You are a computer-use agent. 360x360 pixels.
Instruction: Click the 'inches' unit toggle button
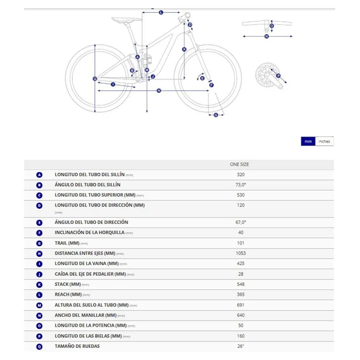pos(324,141)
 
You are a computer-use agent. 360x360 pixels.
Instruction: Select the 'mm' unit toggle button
pos(308,141)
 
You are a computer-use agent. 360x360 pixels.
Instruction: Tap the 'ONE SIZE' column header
pos(239,165)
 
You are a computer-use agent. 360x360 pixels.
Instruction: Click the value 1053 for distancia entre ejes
pos(241,253)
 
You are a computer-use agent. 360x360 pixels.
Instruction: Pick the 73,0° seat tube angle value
pos(241,185)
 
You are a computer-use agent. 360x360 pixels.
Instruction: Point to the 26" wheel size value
pos(241,346)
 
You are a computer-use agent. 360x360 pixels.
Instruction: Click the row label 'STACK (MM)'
pos(68,284)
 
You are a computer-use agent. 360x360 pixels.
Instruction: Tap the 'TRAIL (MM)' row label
pos(67,243)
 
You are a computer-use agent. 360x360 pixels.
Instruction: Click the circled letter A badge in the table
pos(40,175)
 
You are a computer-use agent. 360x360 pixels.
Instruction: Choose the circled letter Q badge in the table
pos(40,346)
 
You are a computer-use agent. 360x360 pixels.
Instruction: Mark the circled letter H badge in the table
pos(40,253)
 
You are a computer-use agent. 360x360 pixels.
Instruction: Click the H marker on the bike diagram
pos(159,91)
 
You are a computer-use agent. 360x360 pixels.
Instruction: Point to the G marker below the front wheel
pos(216,115)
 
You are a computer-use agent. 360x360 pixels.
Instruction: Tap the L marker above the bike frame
pos(161,13)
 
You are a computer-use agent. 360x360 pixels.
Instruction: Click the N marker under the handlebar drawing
pos(266,36)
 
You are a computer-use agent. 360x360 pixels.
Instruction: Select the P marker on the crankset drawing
pos(278,76)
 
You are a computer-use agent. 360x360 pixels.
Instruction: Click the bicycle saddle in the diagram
pos(122,19)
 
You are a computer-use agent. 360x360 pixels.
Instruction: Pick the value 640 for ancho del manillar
pos(241,315)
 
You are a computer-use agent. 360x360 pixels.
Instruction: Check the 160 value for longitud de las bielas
pos(241,336)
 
